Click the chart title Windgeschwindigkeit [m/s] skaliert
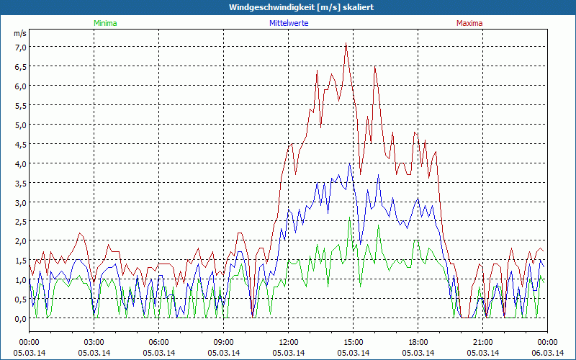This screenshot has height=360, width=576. (301, 7)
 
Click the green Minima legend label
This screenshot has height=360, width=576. (105, 23)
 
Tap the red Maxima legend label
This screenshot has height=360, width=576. (469, 23)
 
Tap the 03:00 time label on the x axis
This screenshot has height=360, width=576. (94, 342)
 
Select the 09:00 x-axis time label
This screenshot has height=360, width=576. (224, 342)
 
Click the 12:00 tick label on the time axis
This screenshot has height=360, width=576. (289, 342)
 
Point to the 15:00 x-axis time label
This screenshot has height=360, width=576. (354, 342)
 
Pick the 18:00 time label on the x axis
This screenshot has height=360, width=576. (418, 342)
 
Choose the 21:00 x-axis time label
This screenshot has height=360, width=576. (483, 342)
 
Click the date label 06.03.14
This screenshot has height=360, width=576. (546, 352)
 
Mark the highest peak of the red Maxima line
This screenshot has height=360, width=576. (346, 43)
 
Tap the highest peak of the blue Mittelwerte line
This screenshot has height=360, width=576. (350, 163)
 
